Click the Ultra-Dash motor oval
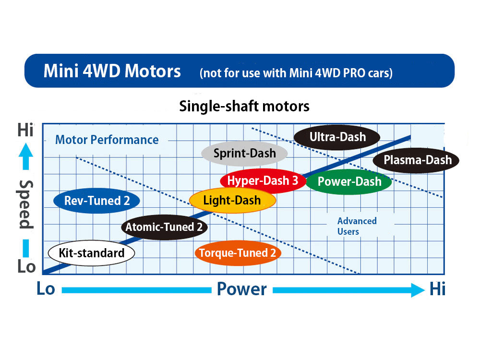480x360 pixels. coord(337,137)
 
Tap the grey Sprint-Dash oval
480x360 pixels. coord(244,154)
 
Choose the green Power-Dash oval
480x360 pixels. coord(349,182)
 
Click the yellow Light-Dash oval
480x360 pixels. coord(232,201)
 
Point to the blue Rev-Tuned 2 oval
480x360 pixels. coord(97,201)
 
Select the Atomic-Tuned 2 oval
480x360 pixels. coord(164,227)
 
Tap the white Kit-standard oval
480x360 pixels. coord(91,253)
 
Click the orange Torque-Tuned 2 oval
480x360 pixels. coord(238,253)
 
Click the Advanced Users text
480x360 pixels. coord(357,226)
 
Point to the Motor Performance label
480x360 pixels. coord(107,140)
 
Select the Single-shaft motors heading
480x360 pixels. coord(244,106)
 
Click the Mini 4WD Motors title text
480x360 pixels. coord(112,71)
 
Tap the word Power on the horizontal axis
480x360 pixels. coord(241,289)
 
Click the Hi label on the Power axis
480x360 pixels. coord(437,289)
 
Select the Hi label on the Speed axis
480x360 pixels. coord(26,131)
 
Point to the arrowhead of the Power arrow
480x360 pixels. coord(418,289)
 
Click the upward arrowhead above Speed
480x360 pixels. coord(27,152)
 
